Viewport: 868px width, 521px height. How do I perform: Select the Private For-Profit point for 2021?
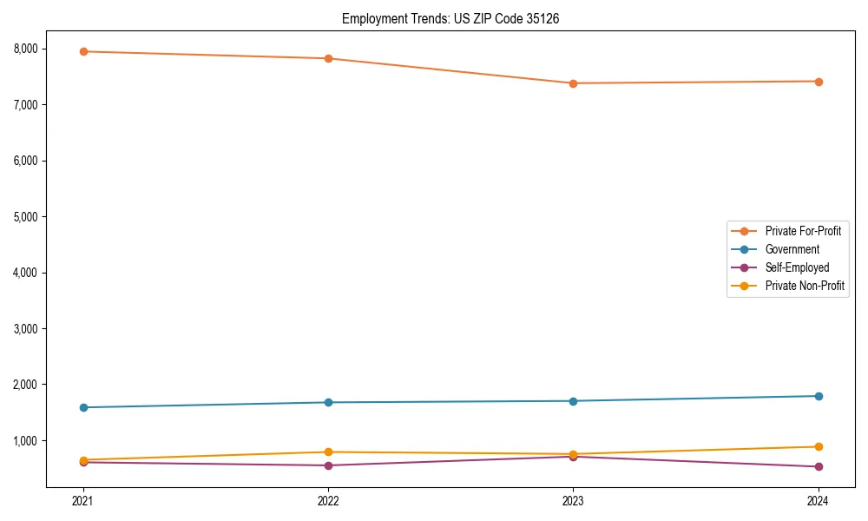click(x=83, y=51)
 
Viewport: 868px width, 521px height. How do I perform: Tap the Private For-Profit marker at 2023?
click(x=573, y=83)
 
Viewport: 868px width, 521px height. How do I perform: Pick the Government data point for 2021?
click(x=83, y=407)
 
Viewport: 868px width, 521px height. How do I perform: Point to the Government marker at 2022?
click(x=328, y=402)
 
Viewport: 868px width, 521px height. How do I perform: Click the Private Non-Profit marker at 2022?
click(x=328, y=452)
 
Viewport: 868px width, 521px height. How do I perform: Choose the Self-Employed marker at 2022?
click(x=328, y=465)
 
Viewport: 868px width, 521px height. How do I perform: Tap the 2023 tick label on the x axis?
click(x=573, y=500)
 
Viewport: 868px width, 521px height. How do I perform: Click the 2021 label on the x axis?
click(x=83, y=500)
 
